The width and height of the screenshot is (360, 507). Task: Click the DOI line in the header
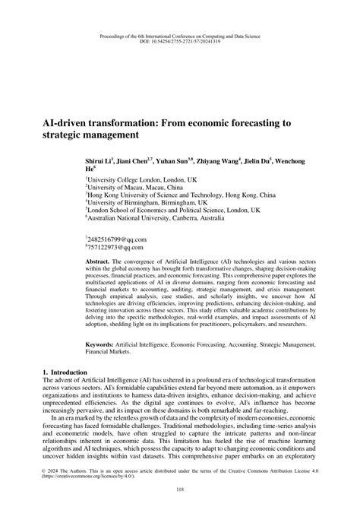tap(179, 43)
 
